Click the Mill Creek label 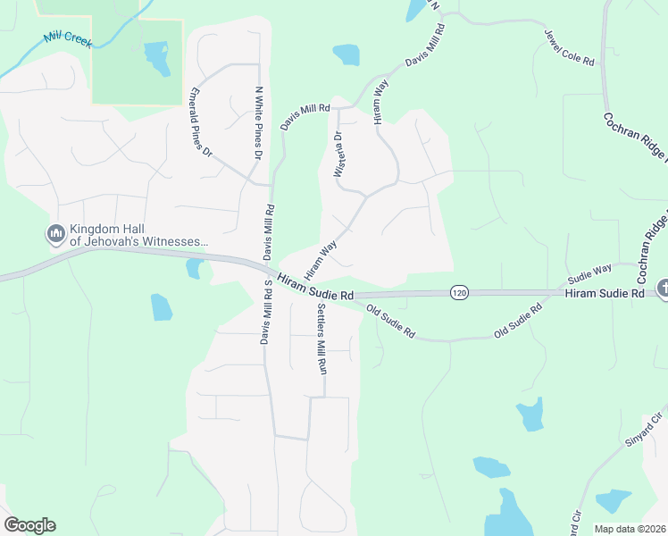pyautogui.click(x=67, y=39)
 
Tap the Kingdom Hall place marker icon pyautogui.click(x=54, y=234)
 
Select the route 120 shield pyautogui.click(x=459, y=292)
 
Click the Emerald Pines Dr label pyautogui.click(x=201, y=122)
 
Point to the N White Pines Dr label pyautogui.click(x=259, y=122)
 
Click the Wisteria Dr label pyautogui.click(x=338, y=155)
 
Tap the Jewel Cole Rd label pyautogui.click(x=569, y=46)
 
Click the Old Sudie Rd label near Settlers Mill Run pyautogui.click(x=391, y=322)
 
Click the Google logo pyautogui.click(x=29, y=525)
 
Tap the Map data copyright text pyautogui.click(x=630, y=529)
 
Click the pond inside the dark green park pyautogui.click(x=157, y=58)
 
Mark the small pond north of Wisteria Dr pyautogui.click(x=346, y=54)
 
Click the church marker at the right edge pyautogui.click(x=663, y=289)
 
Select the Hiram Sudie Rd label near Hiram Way pyautogui.click(x=316, y=287)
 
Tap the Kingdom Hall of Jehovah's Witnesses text pyautogui.click(x=138, y=235)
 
